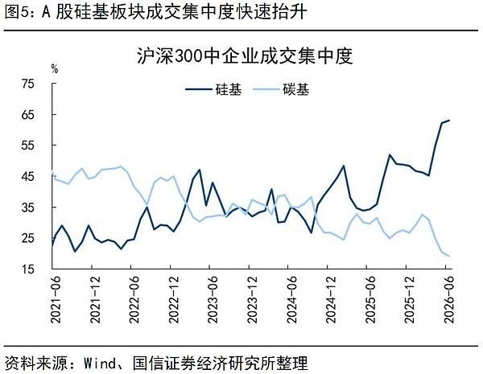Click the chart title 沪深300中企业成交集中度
click(245, 56)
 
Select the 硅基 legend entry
click(214, 89)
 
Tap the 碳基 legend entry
click(281, 89)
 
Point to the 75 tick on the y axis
click(27, 84)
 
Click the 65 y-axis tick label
click(27, 115)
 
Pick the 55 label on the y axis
click(27, 146)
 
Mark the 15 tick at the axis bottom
click(27, 269)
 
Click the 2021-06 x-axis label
click(56, 299)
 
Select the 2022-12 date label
click(174, 299)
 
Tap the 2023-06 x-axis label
click(213, 299)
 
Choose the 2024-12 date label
click(331, 299)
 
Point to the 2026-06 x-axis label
click(449, 299)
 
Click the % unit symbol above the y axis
click(55, 69)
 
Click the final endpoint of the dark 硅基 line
click(449, 120)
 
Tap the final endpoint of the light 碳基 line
click(449, 256)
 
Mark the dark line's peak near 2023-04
click(200, 170)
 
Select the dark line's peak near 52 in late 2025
click(390, 154)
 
